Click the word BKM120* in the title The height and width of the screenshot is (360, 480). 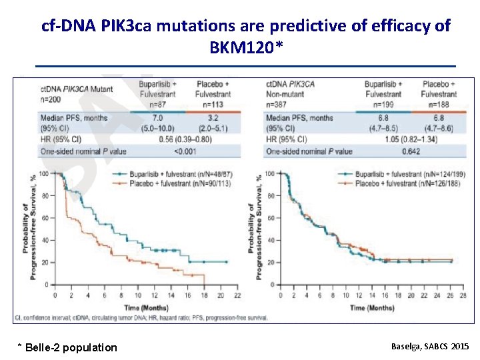click(245, 48)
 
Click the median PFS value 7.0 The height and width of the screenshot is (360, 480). click(158, 118)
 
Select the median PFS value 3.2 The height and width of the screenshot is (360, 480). click(215, 118)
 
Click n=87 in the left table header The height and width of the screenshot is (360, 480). click(158, 104)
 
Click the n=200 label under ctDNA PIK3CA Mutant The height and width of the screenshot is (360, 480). click(52, 98)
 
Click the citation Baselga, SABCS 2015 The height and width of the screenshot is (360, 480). click(429, 347)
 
